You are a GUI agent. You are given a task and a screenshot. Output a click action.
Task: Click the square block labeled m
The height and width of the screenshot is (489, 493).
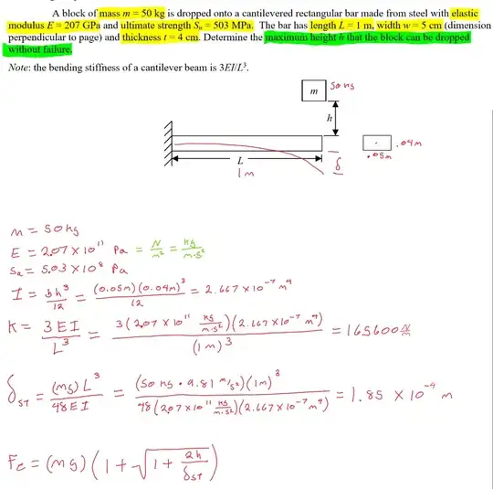314,90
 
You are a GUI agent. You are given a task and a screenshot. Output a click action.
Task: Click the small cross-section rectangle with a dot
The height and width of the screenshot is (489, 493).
376,143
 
